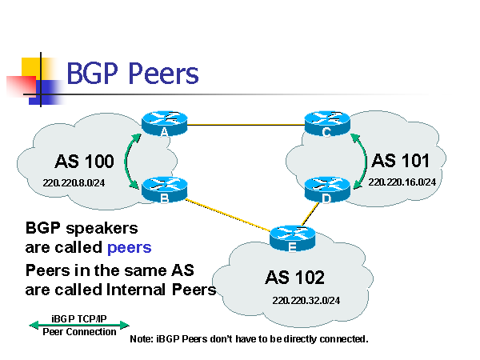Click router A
[x=163, y=123]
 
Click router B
[x=163, y=189]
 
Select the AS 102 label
[x=295, y=278]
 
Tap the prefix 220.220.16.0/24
[x=402, y=182]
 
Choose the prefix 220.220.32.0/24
[x=305, y=302]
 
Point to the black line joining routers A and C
[x=245, y=125]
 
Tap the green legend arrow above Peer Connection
[x=78, y=325]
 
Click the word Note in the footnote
[x=141, y=339]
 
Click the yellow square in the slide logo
[x=30, y=69]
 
